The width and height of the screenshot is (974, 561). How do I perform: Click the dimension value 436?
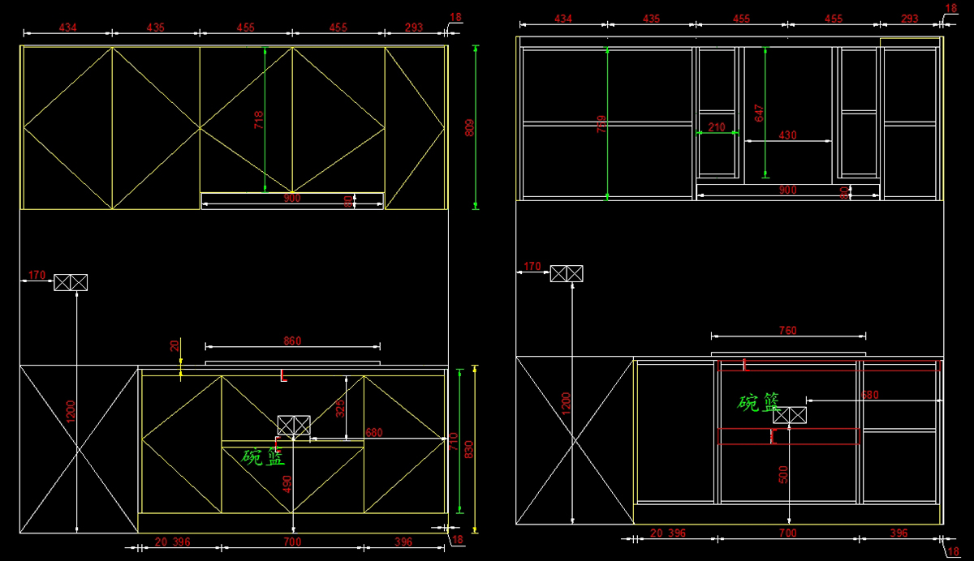155,28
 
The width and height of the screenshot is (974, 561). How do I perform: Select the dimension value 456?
245,28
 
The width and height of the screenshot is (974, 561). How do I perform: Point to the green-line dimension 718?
259,120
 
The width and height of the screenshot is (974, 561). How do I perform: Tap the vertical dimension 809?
469,127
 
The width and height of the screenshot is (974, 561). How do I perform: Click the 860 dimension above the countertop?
292,341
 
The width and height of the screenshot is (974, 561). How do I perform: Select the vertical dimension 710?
454,442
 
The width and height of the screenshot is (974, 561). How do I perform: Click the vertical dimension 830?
469,449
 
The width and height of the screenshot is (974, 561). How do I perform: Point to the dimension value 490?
287,484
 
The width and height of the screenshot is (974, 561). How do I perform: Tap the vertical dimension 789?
601,123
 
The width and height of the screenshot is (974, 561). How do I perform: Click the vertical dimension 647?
760,113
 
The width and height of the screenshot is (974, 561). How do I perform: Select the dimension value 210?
717,127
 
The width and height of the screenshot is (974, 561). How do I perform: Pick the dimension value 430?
787,135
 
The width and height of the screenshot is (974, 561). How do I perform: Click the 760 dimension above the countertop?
787,330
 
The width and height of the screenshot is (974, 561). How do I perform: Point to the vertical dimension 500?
783,473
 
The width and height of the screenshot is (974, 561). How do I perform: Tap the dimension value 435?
651,19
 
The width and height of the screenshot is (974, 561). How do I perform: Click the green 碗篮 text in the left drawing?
264,456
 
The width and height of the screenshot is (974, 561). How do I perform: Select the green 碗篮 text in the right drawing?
759,403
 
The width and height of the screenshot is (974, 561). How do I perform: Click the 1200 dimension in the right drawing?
567,403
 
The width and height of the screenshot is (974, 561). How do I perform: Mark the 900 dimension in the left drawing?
291,198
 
